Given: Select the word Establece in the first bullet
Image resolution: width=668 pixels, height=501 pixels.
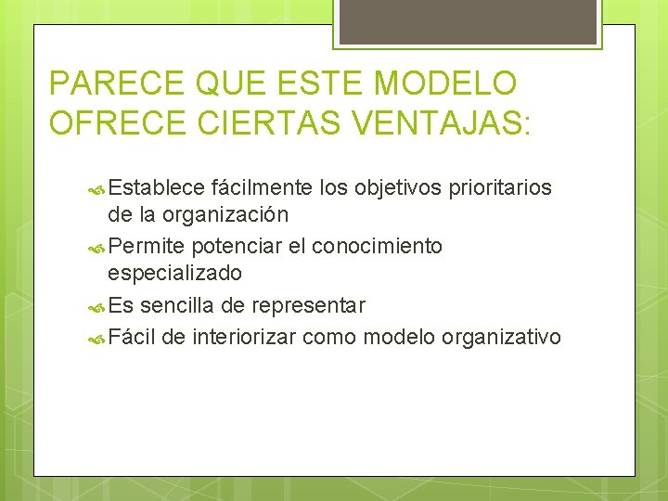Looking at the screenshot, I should tap(156, 188).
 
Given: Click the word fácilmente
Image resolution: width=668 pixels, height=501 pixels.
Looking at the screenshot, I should tap(262, 188).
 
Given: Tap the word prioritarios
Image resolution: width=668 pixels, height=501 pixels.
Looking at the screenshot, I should tap(501, 188).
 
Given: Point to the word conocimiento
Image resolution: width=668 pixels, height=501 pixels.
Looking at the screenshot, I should tap(377, 247).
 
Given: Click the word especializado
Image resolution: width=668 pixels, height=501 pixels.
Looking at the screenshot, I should tap(174, 274).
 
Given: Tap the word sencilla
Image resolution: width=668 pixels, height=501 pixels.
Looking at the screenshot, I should tap(180, 305).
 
